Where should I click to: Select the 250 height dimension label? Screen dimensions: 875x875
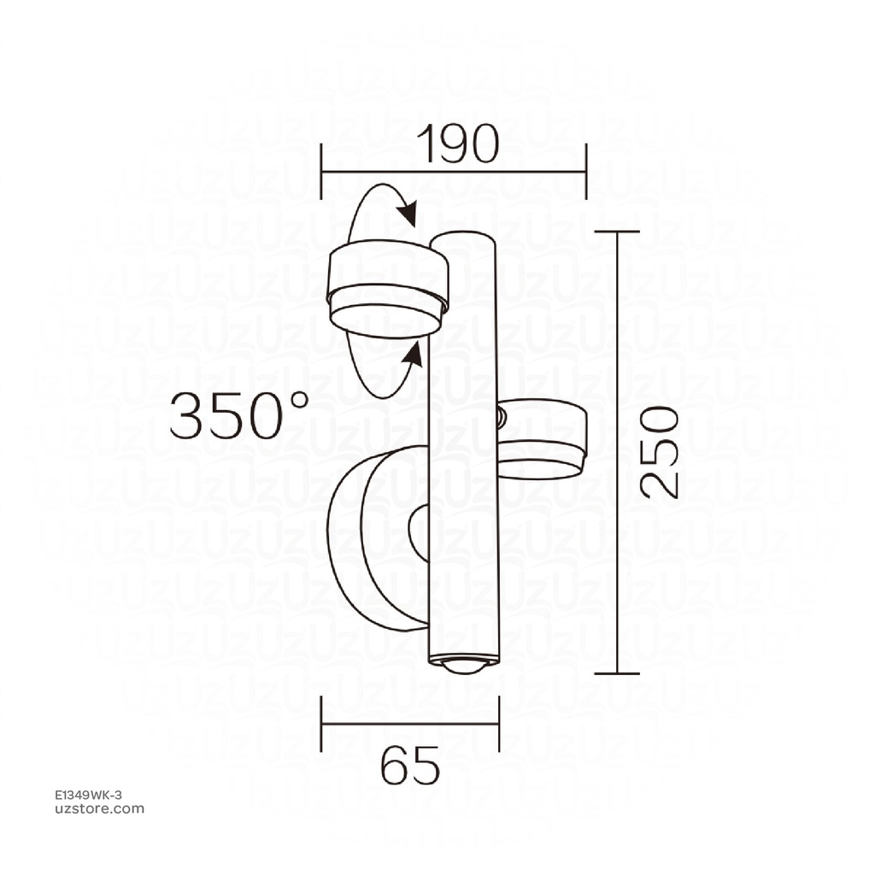[661, 452]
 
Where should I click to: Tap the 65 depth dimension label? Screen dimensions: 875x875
[410, 765]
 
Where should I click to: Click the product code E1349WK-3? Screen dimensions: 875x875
[88, 796]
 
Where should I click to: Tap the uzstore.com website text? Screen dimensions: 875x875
[99, 809]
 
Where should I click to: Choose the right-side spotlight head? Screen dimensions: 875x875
[542, 441]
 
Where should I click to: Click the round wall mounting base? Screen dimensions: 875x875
[376, 538]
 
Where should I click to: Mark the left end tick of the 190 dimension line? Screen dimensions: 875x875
[321, 171]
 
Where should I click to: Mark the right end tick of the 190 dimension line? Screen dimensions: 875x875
[585, 171]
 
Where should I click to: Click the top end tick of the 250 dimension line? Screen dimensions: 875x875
[617, 232]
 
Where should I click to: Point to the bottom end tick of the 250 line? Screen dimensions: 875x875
[617, 673]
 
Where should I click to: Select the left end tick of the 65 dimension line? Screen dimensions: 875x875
[321, 724]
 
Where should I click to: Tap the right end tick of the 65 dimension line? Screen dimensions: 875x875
[499, 724]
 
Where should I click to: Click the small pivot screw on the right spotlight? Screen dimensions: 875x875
[502, 418]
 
